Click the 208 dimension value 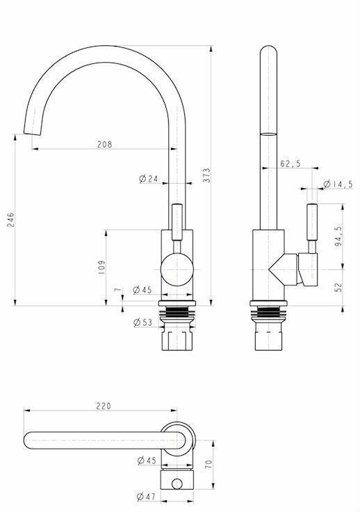(x=104, y=144)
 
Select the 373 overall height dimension (x=206, y=175)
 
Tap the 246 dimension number (x=10, y=220)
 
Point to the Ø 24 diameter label (x=148, y=179)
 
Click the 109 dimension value (x=102, y=267)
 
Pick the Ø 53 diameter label (x=143, y=323)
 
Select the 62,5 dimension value (x=291, y=163)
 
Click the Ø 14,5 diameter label (x=338, y=184)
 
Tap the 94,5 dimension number (x=338, y=236)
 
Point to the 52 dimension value (x=338, y=287)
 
